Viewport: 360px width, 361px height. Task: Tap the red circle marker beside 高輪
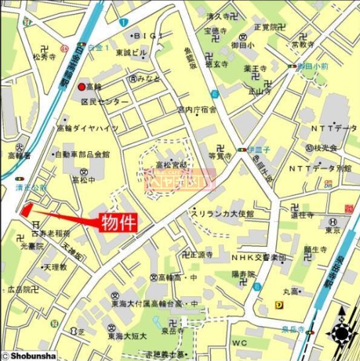coord(82,87)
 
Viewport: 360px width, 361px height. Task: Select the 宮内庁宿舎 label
coord(198,110)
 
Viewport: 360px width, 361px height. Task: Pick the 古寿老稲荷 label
coord(51,234)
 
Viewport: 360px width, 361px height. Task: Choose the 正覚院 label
coord(266,27)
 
